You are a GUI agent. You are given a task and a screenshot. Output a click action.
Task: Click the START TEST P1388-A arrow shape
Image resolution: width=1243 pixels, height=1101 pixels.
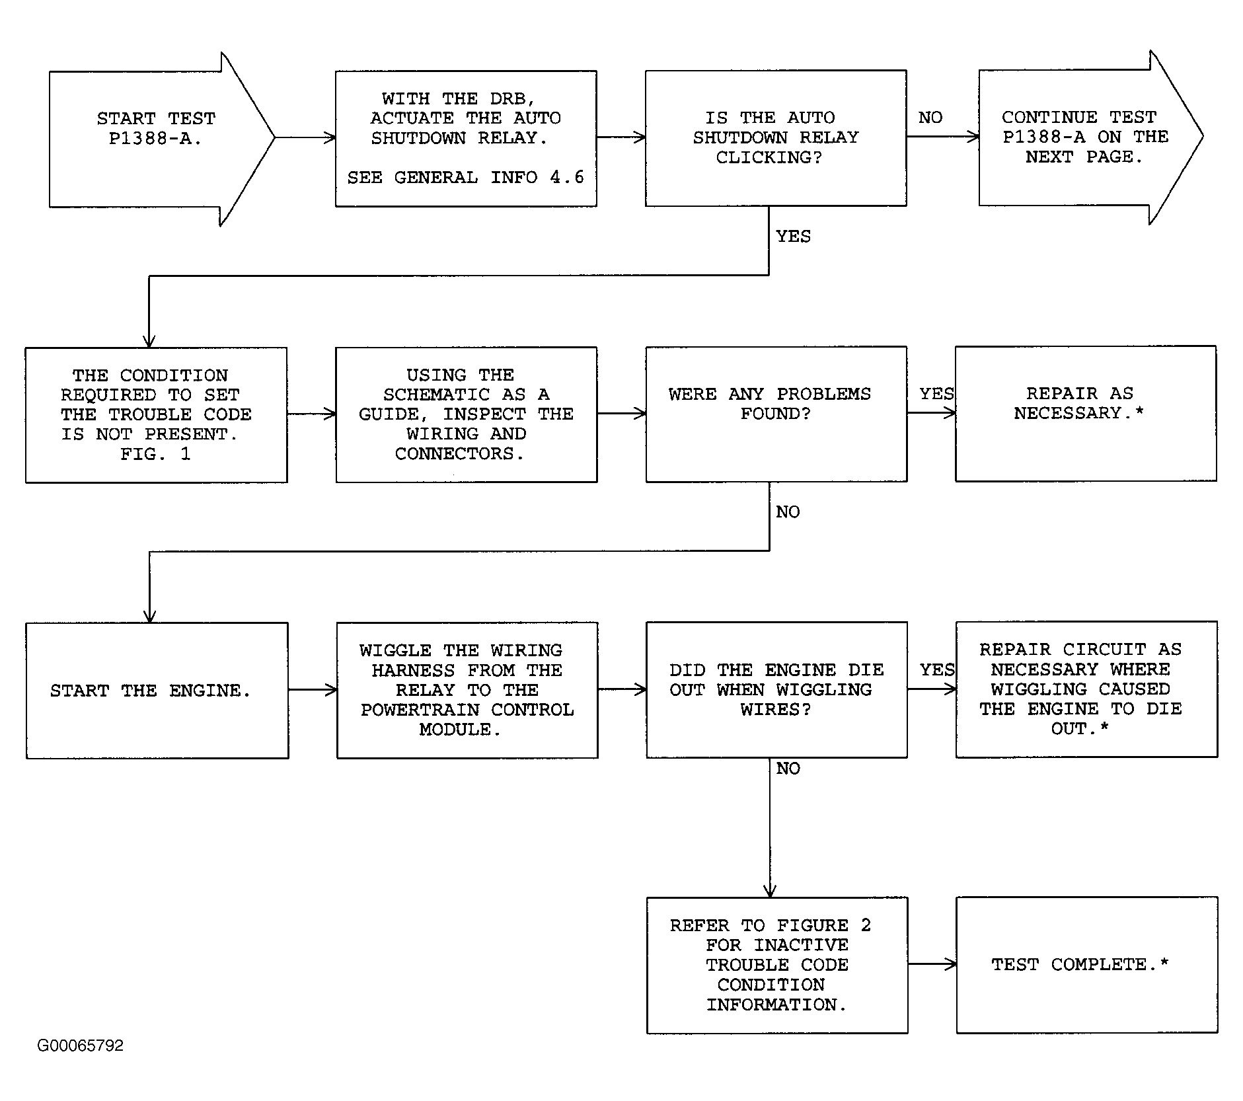pyautogui.click(x=161, y=139)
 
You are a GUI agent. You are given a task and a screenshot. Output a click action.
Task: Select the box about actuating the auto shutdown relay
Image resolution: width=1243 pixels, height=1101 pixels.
pyautogui.click(x=466, y=139)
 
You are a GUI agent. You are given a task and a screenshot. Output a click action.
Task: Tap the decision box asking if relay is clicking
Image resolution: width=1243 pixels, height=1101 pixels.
pyautogui.click(x=776, y=138)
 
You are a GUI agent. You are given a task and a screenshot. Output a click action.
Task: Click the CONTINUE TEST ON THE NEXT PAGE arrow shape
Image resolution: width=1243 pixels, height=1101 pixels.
pyautogui.click(x=1090, y=137)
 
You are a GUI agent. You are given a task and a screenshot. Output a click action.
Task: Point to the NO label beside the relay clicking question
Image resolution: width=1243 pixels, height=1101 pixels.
pyautogui.click(x=930, y=118)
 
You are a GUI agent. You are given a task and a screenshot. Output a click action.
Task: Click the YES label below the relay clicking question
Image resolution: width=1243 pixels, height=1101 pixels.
pyautogui.click(x=793, y=237)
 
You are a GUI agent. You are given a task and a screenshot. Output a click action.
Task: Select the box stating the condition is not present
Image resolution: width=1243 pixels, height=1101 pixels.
pyautogui.click(x=156, y=415)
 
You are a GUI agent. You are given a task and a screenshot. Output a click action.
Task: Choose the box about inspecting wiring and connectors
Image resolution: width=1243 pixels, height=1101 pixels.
pyautogui.click(x=467, y=414)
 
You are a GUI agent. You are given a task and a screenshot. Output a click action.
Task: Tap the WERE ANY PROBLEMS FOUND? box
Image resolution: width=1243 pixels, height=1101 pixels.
pyautogui.click(x=776, y=414)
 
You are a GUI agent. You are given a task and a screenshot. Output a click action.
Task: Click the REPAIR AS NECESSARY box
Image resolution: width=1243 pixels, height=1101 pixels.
pyautogui.click(x=1086, y=413)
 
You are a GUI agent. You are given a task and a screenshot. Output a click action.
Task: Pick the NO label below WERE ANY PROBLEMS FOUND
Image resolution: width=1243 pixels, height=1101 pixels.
pyautogui.click(x=788, y=512)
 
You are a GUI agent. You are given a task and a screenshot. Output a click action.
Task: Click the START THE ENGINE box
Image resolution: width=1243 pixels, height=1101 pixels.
pyautogui.click(x=157, y=691)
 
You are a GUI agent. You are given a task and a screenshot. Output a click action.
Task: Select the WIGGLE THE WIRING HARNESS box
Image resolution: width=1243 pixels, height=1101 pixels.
pyautogui.click(x=467, y=690)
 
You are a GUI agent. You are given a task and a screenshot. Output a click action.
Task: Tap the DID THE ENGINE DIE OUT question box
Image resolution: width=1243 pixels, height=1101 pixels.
pyautogui.click(x=776, y=689)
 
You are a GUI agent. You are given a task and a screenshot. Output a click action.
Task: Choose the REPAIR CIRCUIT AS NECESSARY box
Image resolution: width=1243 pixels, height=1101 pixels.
pyautogui.click(x=1086, y=689)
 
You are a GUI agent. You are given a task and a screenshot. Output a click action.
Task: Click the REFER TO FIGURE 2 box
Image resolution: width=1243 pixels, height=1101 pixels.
pyautogui.click(x=777, y=965)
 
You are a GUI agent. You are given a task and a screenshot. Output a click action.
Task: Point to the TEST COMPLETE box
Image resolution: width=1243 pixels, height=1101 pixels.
pyautogui.click(x=1087, y=964)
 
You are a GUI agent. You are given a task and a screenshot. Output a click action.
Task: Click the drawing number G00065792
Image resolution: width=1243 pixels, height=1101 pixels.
pyautogui.click(x=81, y=1045)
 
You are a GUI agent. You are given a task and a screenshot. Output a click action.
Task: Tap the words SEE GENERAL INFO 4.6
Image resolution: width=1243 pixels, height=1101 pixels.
pyautogui.click(x=466, y=177)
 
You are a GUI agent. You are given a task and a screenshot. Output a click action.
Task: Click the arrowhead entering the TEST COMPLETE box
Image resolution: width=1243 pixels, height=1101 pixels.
pyautogui.click(x=952, y=964)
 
